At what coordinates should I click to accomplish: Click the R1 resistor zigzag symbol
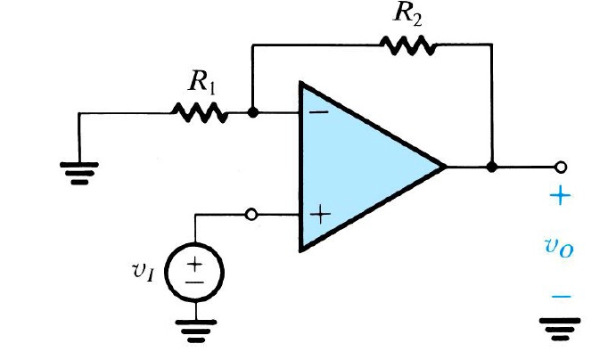201,113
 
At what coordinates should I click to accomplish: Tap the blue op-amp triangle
357,166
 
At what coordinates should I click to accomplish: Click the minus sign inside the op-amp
318,113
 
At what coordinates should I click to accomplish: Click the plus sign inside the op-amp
319,215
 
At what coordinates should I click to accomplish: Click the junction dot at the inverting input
253,113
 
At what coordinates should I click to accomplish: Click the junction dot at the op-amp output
491,166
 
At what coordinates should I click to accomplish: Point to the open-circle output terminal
562,166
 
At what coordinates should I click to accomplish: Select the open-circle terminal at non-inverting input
252,215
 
